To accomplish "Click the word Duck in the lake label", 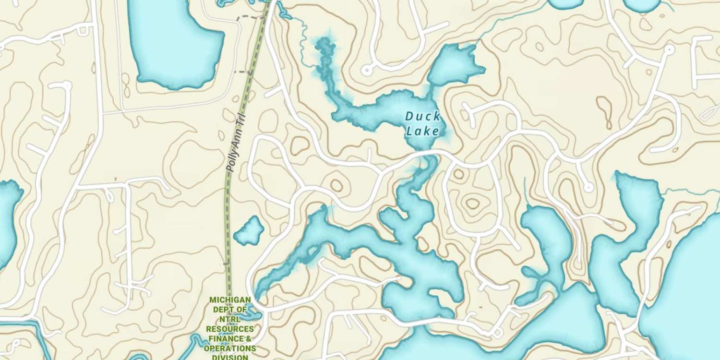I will click(x=422, y=116).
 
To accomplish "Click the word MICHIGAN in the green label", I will click(x=230, y=300).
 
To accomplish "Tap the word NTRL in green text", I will click(x=230, y=319).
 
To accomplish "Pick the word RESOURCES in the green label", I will click(x=230, y=329).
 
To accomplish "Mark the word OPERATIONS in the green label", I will click(x=230, y=348).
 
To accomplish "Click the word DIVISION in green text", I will click(x=230, y=357).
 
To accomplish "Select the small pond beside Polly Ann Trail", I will click(x=250, y=231).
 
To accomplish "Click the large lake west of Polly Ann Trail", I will click(x=175, y=46).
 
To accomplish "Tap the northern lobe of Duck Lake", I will click(x=454, y=65).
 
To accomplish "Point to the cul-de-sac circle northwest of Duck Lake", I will click(x=367, y=71).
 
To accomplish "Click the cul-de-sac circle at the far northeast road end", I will click(x=669, y=49).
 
